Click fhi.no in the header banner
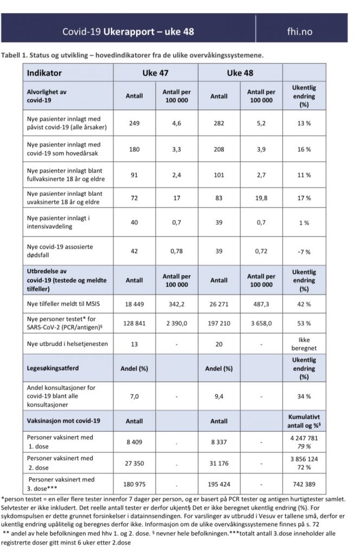tap(299, 31)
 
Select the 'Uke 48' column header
tap(240, 73)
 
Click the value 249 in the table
tap(134, 123)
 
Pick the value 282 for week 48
tap(219, 123)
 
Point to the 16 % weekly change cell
tap(304, 149)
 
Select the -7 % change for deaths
tap(304, 251)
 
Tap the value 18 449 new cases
tap(134, 305)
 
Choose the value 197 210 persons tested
tap(219, 324)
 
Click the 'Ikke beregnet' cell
tap(304, 343)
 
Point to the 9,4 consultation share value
tap(219, 396)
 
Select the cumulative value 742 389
tap(304, 483)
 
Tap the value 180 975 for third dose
tap(134, 483)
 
